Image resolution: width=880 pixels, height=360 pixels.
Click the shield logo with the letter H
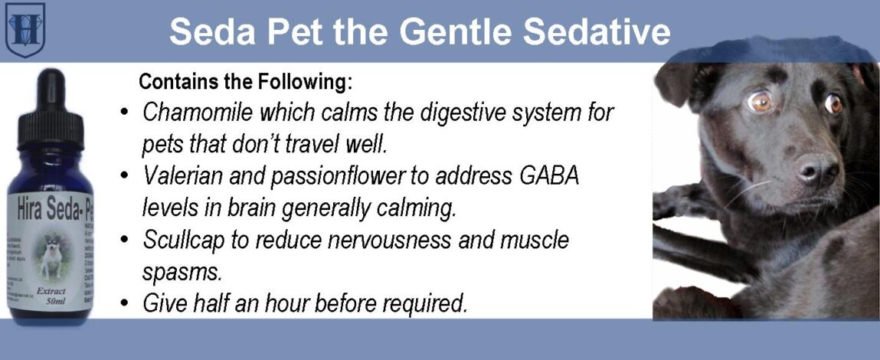pyautogui.click(x=25, y=29)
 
